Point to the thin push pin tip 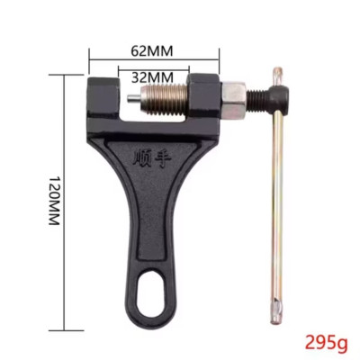pyautogui.click(x=130, y=96)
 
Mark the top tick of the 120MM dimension pyautogui.click(x=69, y=74)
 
